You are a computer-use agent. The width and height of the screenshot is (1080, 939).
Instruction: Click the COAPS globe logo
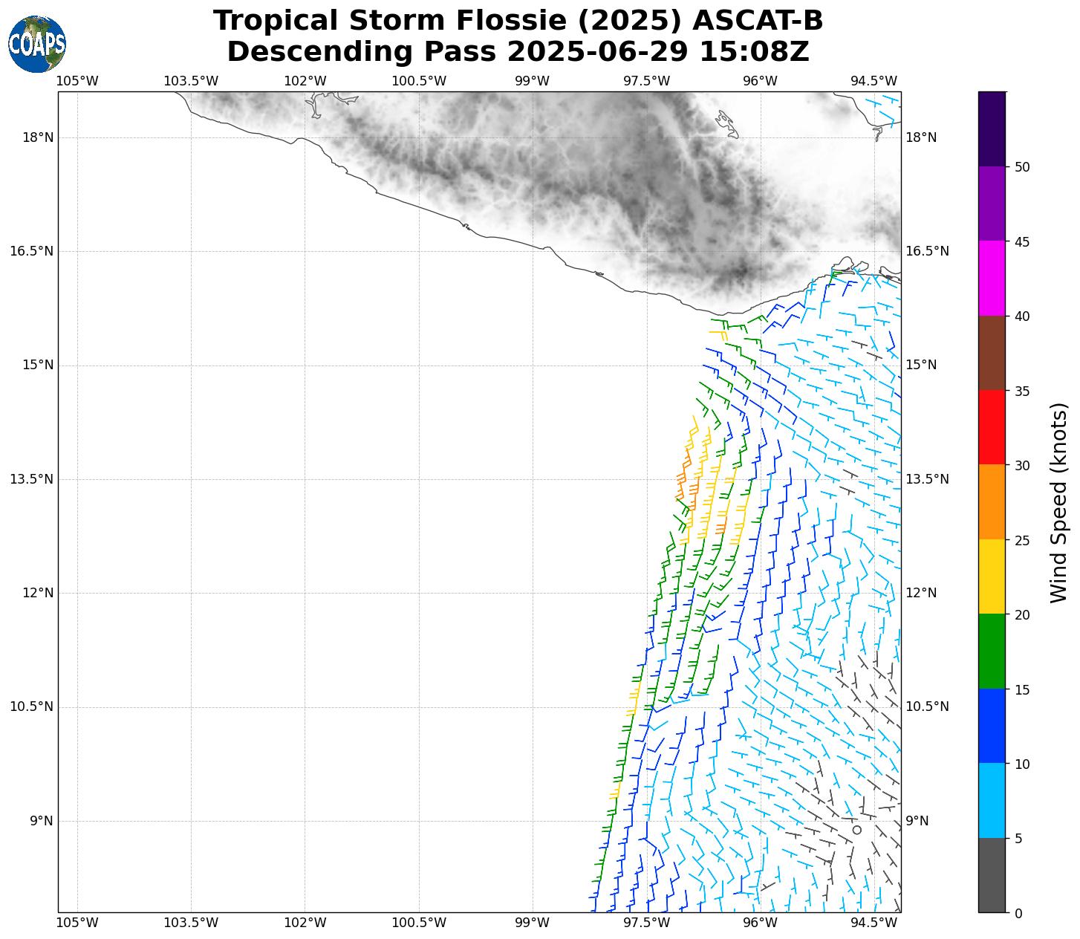tap(37, 45)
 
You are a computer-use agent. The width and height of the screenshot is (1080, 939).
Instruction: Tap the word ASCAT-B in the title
tap(757, 21)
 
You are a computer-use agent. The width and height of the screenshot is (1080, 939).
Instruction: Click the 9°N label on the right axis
tap(917, 821)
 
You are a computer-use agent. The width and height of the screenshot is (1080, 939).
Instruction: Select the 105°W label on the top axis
tap(77, 81)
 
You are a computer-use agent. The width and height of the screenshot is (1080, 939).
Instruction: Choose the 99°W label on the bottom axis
tap(532, 923)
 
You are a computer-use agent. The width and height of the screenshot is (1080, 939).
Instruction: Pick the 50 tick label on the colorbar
tap(1022, 167)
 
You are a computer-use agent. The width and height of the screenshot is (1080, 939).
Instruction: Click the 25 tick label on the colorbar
tap(1022, 540)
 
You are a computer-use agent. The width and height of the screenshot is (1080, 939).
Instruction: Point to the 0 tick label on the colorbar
tap(1018, 913)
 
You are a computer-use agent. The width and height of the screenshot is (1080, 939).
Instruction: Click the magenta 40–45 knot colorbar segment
tap(992, 279)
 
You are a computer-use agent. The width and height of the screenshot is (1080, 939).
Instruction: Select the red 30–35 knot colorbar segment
tap(992, 428)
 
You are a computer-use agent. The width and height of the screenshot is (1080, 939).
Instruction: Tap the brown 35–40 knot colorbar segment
tap(992, 353)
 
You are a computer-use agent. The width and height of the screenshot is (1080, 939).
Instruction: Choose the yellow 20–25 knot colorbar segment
tap(992, 577)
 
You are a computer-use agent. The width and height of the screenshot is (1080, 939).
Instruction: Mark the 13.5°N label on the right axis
tap(927, 479)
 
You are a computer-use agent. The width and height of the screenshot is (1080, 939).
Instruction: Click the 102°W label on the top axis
tap(305, 81)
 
